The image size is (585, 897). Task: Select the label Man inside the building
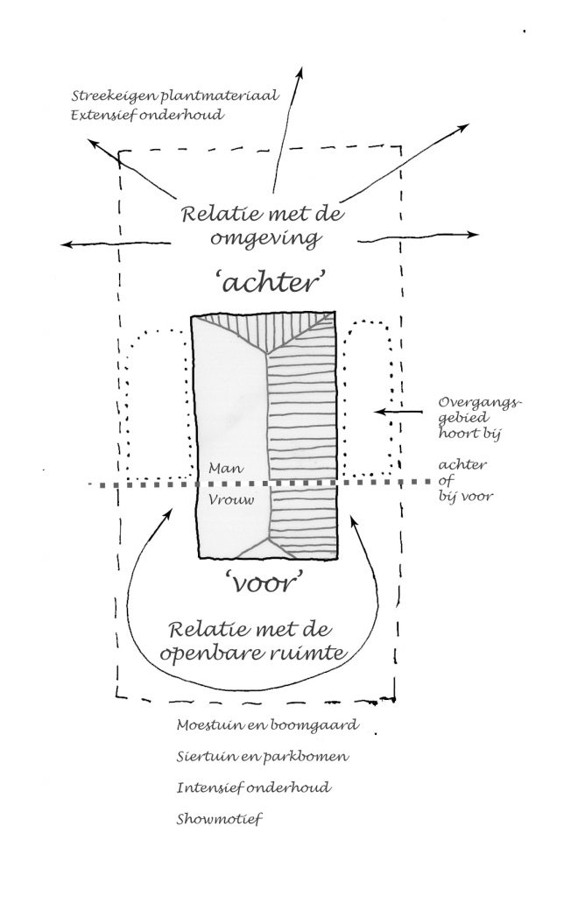click(227, 469)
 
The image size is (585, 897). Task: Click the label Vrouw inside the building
click(231, 499)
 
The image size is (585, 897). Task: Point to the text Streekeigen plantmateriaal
click(175, 95)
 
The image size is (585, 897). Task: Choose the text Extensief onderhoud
click(147, 115)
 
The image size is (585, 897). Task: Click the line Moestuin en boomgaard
click(268, 725)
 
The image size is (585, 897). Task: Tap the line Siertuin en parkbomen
click(263, 757)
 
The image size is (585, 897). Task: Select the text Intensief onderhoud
click(253, 788)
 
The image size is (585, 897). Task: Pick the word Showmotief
click(219, 819)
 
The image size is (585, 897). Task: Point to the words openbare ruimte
click(253, 653)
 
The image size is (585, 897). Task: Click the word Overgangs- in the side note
click(481, 403)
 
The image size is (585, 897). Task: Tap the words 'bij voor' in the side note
click(466, 496)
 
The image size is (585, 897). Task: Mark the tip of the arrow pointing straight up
click(300, 67)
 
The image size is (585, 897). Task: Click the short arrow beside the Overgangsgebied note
click(398, 412)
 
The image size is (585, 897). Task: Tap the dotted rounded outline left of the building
click(127, 400)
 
